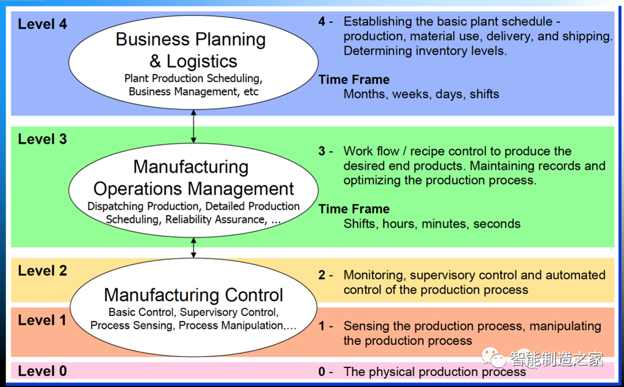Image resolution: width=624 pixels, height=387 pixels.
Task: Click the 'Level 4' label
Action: (42, 24)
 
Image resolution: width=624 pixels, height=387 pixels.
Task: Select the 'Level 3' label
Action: (42, 139)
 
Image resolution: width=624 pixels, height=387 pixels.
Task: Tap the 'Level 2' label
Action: (42, 271)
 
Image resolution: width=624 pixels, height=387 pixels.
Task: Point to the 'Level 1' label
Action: (42, 320)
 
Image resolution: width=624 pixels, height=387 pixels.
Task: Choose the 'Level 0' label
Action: (42, 371)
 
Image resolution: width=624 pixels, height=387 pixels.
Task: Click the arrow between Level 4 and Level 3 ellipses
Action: (193, 126)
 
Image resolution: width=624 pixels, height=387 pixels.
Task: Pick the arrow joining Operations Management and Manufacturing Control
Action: (193, 247)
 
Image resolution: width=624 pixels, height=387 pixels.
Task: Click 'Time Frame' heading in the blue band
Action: (354, 79)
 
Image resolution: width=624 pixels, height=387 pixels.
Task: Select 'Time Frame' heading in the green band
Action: (354, 209)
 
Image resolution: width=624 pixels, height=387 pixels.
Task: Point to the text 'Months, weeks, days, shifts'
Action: (421, 94)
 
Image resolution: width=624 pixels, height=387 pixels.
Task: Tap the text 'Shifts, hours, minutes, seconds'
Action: (432, 224)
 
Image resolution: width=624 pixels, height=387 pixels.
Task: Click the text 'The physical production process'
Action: (435, 372)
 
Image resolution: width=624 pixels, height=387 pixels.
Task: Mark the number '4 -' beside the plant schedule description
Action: (325, 21)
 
